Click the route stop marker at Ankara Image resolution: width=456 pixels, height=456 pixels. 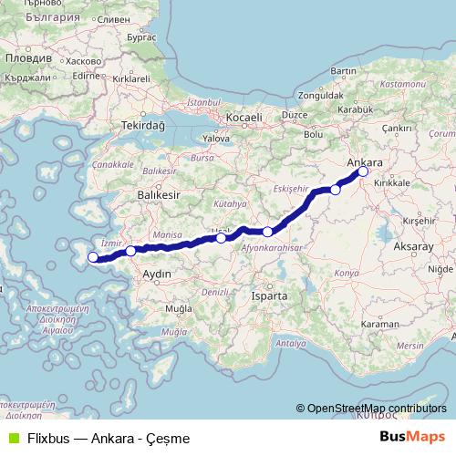(363, 171)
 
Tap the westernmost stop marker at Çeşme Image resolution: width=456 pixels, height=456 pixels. (92, 257)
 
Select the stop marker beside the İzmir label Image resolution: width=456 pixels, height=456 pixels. (130, 250)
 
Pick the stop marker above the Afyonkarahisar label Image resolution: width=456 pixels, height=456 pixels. (267, 232)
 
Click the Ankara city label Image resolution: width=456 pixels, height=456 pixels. (366, 161)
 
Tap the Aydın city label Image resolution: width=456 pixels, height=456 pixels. (146, 274)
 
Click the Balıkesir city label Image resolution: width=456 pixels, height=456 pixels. (154, 195)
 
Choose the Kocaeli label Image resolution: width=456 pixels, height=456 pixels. (244, 118)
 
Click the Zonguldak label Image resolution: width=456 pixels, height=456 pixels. (316, 94)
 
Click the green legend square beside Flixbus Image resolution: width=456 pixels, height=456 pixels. (12, 438)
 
